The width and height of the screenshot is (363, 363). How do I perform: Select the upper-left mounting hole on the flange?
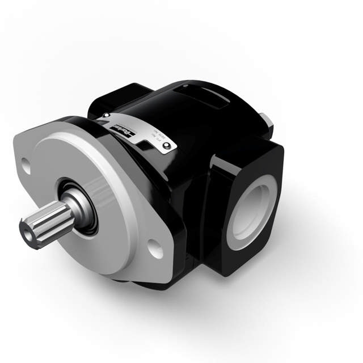[24, 165]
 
